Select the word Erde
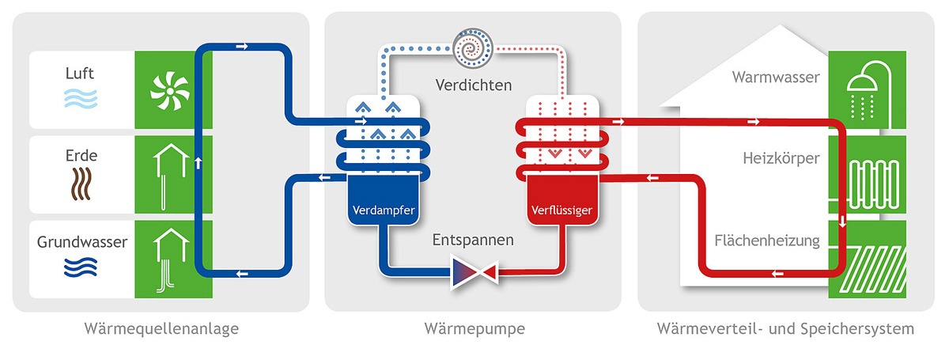coord(80,156)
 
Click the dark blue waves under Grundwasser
coord(80,267)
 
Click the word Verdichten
coord(473,85)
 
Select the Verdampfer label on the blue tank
coord(384,210)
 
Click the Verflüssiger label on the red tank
coord(560,210)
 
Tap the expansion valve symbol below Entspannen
coord(473,272)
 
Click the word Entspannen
coord(473,239)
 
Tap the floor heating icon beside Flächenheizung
coord(863,260)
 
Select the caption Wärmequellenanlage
coord(161,328)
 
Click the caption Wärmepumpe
coord(474,328)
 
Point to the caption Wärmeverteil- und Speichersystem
coord(785,328)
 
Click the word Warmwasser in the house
coord(776,78)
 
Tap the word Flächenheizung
coord(766,240)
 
